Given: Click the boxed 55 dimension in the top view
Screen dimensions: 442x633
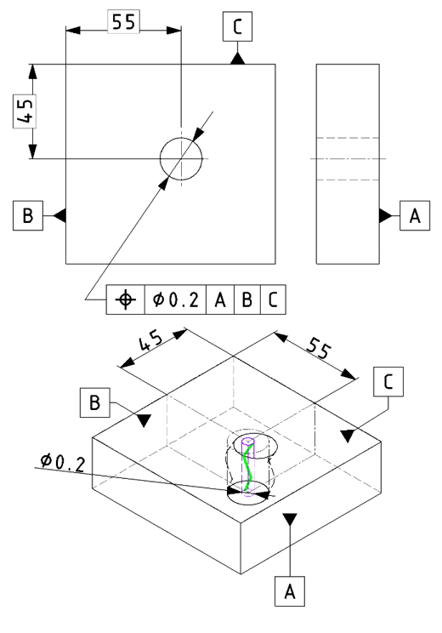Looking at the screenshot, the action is point(124,22).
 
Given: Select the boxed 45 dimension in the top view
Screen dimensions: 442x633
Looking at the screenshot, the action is point(25,111).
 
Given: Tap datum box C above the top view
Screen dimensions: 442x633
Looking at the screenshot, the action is point(237,26).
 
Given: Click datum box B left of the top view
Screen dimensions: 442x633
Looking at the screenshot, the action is point(28,215).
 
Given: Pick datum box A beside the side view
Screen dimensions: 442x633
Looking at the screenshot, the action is point(415,215).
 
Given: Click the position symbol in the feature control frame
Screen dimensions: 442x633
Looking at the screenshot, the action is point(126,299).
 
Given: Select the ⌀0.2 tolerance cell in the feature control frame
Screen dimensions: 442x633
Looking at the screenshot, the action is point(175,299).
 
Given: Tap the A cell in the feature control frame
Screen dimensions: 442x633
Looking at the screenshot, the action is point(220,299).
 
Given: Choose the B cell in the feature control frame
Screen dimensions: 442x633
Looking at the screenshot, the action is point(247,299).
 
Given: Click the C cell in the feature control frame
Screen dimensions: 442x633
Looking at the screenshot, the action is point(273,299).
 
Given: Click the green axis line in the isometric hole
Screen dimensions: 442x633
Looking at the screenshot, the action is point(248,467).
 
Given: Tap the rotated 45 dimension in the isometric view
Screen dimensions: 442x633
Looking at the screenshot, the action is point(150,342).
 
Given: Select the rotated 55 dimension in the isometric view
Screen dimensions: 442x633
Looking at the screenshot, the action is point(319,348).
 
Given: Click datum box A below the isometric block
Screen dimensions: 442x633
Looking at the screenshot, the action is point(290,591).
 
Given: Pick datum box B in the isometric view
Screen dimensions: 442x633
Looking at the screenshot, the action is point(94,402).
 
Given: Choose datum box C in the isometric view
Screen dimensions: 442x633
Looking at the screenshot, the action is point(388,381).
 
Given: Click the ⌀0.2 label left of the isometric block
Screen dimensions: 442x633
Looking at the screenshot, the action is point(63,462).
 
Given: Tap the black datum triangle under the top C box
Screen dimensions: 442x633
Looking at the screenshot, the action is point(237,58).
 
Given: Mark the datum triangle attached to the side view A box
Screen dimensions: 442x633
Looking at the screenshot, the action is point(386,215).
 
